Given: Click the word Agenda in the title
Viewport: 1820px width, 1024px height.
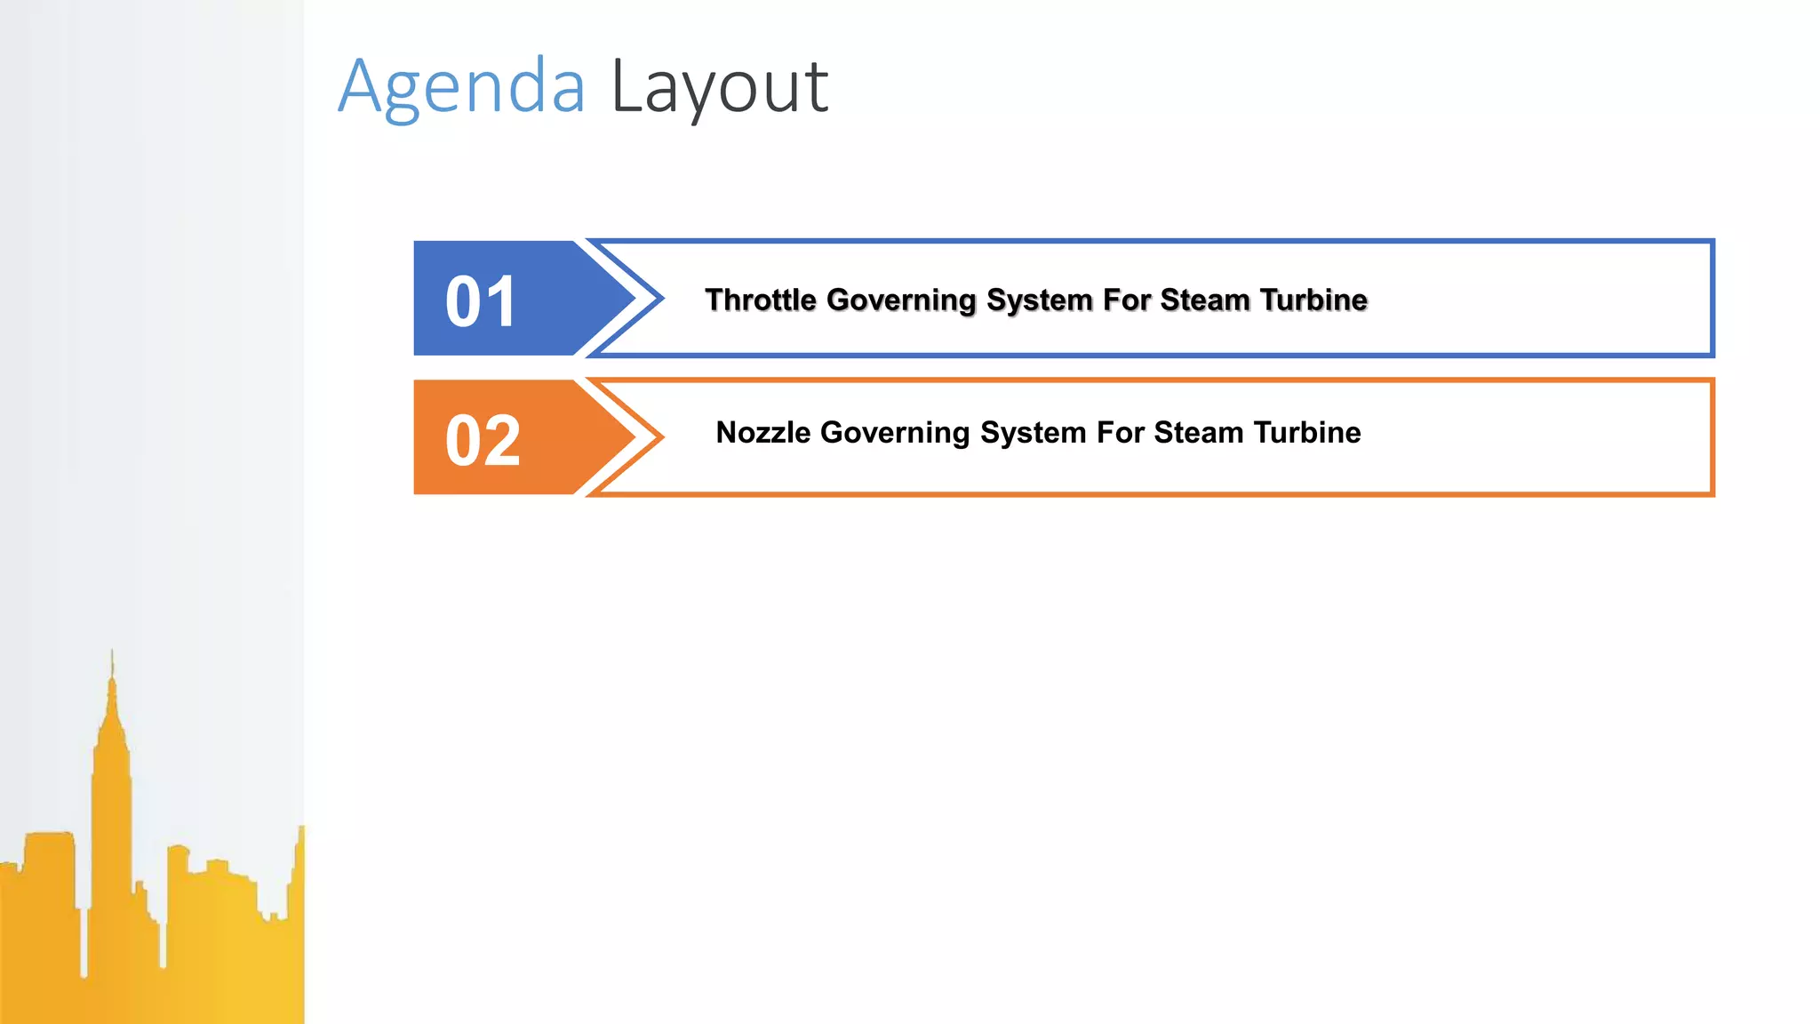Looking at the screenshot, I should tap(462, 87).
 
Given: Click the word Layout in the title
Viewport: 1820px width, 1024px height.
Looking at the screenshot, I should tap(720, 87).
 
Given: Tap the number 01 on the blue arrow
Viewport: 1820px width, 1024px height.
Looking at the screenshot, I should tap(481, 301).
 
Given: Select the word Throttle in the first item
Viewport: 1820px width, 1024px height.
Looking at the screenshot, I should tap(761, 300).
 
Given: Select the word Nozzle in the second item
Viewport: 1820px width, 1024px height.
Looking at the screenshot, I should tap(763, 433).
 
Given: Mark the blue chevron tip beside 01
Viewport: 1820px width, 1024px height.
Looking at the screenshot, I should tap(659, 299).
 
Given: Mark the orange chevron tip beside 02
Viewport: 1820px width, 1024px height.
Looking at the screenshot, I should tap(659, 437).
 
